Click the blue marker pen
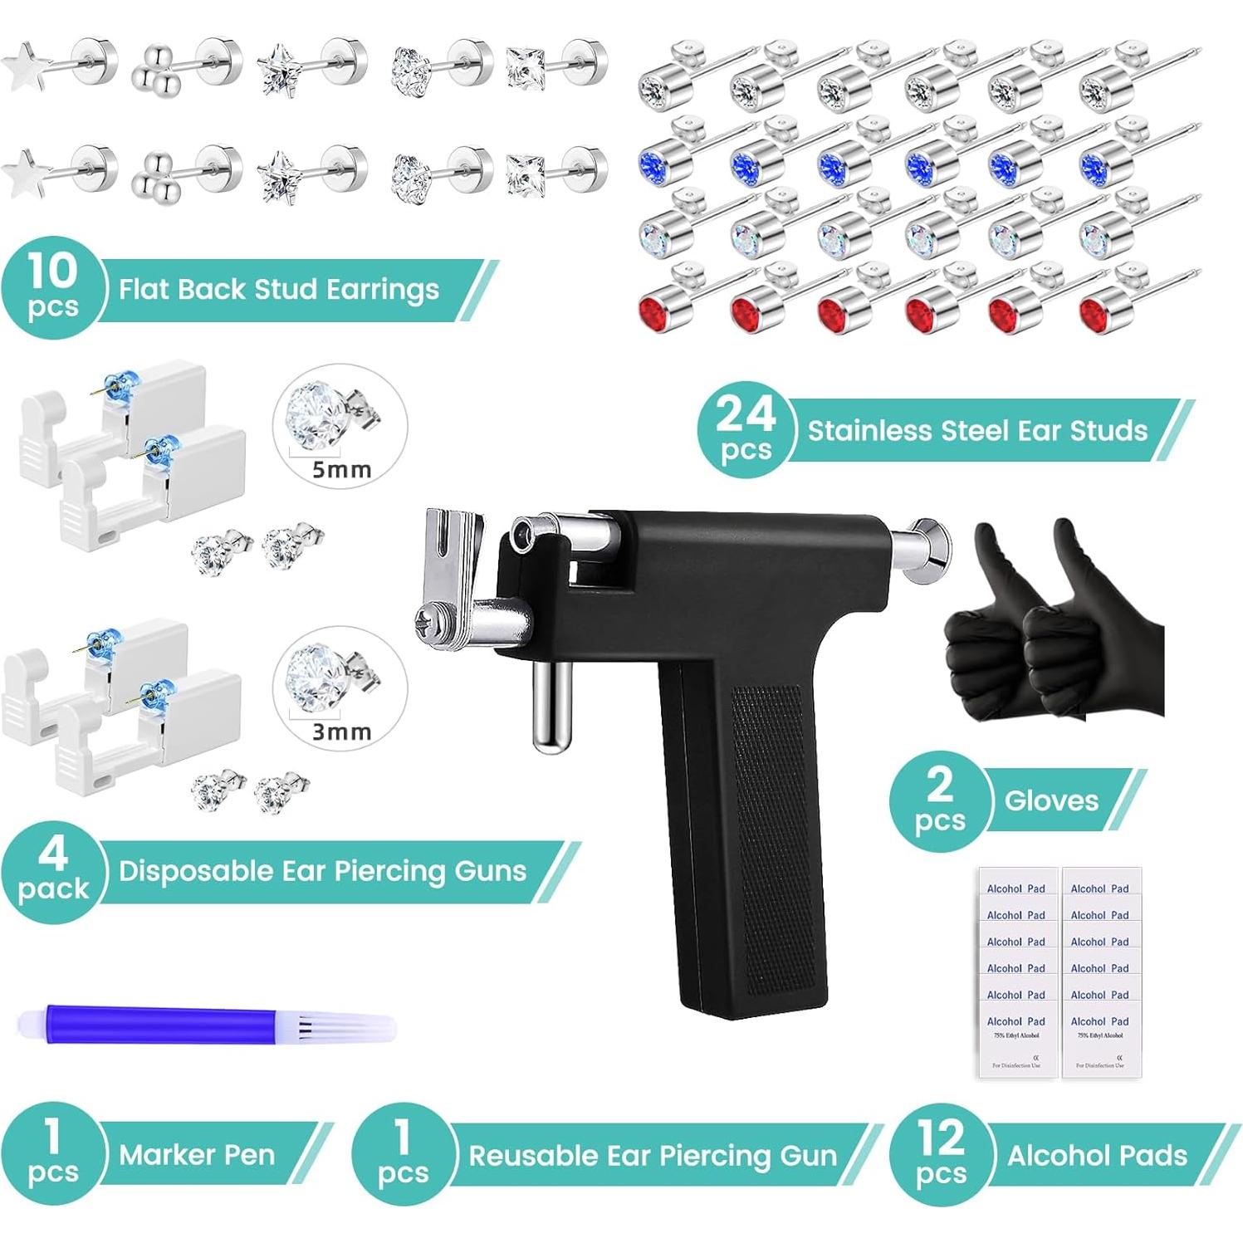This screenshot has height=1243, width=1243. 166,1024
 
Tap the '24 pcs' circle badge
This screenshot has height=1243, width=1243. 745,429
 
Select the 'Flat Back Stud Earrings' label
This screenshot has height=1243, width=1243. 278,290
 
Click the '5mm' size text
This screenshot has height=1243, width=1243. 341,470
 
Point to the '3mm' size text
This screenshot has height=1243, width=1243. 341,732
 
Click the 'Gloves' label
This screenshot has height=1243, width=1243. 1051,800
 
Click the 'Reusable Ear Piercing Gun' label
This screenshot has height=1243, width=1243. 653,1155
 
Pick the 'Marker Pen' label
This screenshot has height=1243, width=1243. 197,1154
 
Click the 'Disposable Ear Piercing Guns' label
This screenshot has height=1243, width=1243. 322,871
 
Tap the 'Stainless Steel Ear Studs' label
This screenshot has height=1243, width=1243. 977,430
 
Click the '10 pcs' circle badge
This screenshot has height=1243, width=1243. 52,288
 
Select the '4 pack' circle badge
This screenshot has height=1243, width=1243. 52,871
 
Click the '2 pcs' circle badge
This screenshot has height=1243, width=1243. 939,800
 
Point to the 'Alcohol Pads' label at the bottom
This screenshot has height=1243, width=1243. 1097,1155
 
